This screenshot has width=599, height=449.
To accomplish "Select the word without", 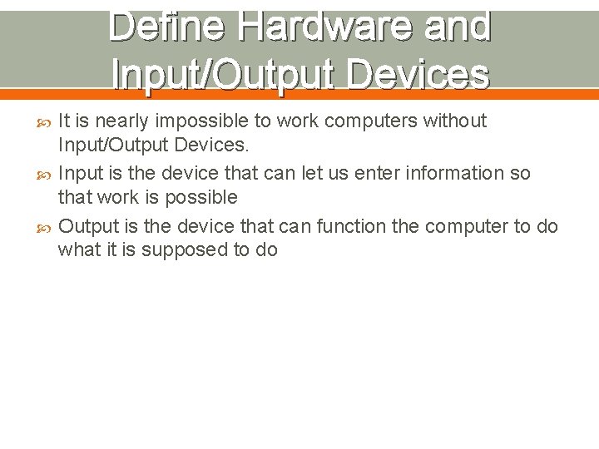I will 455,121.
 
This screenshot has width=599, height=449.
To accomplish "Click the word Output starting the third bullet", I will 89,226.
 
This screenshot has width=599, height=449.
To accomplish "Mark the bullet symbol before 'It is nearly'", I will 46,122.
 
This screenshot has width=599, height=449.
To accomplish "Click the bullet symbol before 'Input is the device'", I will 46,175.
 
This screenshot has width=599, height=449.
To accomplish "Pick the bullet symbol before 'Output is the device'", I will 46,227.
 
